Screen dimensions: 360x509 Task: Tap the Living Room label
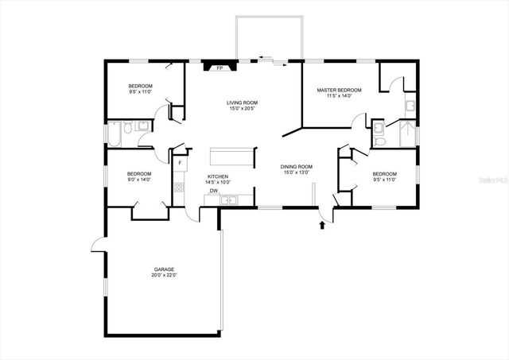pos(242,103)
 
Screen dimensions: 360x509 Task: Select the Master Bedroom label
pos(340,91)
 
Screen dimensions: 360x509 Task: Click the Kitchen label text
pos(218,176)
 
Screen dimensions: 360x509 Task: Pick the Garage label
pos(165,270)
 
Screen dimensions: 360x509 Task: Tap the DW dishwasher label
pos(214,192)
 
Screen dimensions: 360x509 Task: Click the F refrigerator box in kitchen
pos(180,164)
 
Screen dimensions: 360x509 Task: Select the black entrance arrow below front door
pos(322,226)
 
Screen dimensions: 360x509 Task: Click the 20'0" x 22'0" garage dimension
pos(165,276)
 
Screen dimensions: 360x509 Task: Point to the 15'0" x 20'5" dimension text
pos(242,109)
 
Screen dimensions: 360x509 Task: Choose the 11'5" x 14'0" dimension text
pos(340,96)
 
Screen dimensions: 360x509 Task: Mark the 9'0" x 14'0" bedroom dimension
pos(139,180)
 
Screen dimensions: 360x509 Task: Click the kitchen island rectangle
pos(231,156)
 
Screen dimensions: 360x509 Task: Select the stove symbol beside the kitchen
pos(179,188)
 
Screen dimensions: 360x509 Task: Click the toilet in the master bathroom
pos(379,141)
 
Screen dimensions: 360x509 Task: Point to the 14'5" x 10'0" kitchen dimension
pos(218,182)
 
